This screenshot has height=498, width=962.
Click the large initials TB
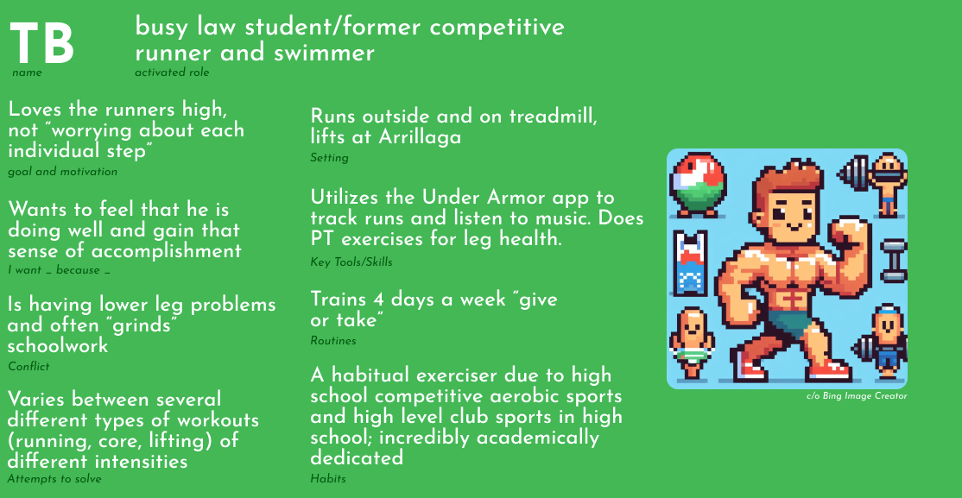[x=42, y=43]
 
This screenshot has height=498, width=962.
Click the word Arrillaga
[x=420, y=136]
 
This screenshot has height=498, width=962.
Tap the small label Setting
[x=330, y=158]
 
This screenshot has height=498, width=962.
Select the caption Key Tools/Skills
[x=351, y=262]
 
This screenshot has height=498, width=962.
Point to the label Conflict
[x=28, y=367]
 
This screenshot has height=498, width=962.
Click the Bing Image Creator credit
[x=857, y=396]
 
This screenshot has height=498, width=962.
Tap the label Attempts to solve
[x=54, y=479]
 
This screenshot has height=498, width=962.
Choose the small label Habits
[x=328, y=479]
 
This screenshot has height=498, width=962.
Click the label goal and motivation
[x=62, y=173]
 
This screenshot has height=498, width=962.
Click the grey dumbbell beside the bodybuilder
[x=893, y=260]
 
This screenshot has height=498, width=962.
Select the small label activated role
[x=172, y=73]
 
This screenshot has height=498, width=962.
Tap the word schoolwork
[x=58, y=346]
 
